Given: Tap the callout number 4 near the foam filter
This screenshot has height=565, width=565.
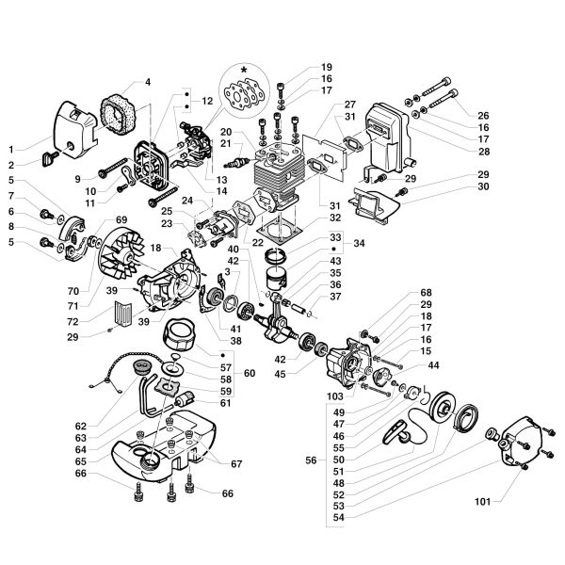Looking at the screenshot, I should tap(147, 83).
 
